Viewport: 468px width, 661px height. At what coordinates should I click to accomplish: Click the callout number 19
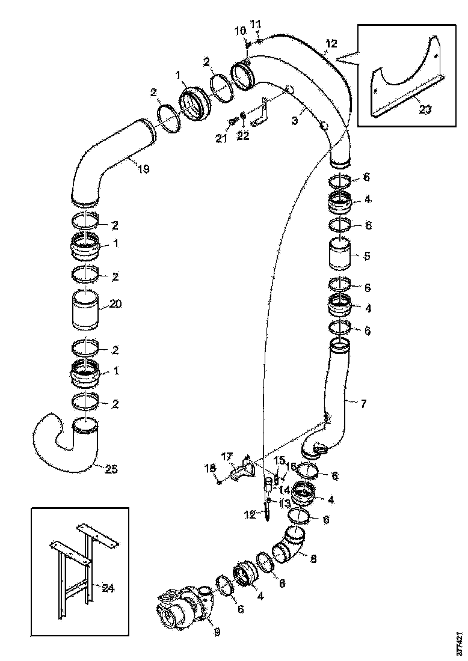[x=143, y=169]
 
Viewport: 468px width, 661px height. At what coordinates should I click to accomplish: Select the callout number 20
[x=115, y=305]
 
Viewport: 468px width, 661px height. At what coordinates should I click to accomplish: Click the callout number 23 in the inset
[x=425, y=110]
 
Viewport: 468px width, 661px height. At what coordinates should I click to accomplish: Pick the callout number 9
[x=217, y=632]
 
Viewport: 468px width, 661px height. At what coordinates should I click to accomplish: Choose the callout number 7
[x=363, y=404]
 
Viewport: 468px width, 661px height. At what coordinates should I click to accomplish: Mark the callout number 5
[x=367, y=255]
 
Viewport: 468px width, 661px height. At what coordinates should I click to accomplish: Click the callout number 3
[x=295, y=120]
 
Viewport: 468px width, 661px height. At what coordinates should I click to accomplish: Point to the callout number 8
[x=312, y=558]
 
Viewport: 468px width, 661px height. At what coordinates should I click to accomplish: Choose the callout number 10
[x=240, y=31]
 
